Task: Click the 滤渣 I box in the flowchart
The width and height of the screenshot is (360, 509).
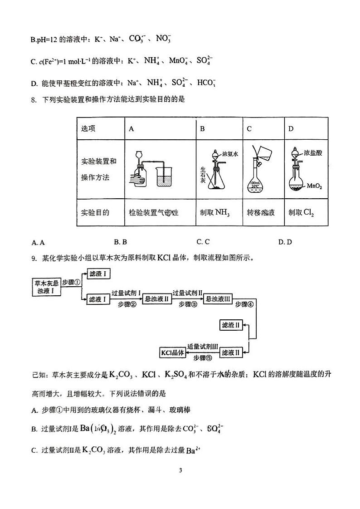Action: tap(99, 274)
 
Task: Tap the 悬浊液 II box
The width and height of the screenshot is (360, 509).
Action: tap(156, 299)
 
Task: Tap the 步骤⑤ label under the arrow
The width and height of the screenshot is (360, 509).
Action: tap(202, 358)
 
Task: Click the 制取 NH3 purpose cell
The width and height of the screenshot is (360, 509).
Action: tap(215, 212)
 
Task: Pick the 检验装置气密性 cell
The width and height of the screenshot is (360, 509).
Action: tap(154, 212)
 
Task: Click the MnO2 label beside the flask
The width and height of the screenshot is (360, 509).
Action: tap(314, 186)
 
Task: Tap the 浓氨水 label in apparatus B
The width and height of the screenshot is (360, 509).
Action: tap(230, 154)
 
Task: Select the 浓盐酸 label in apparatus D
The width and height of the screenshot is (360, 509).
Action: tap(313, 153)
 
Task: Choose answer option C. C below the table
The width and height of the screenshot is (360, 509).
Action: tap(203, 242)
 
